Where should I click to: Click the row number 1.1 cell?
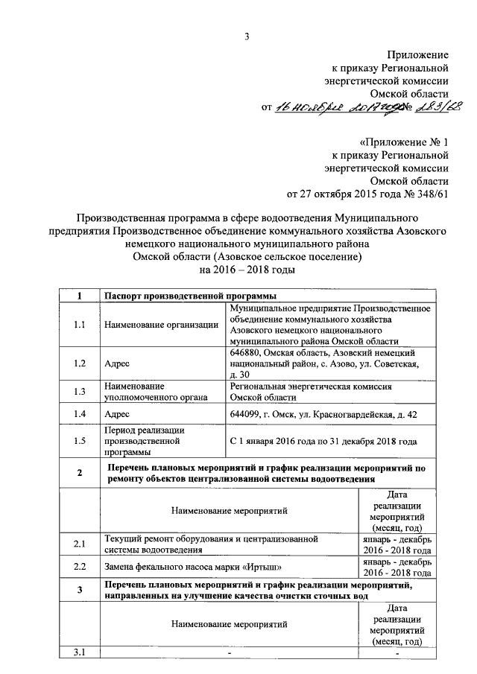tap(80, 325)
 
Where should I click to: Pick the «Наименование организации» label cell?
tap(161, 325)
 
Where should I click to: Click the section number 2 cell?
tap(80, 474)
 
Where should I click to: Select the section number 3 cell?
tap(80, 591)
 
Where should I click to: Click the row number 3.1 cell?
tap(80, 653)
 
